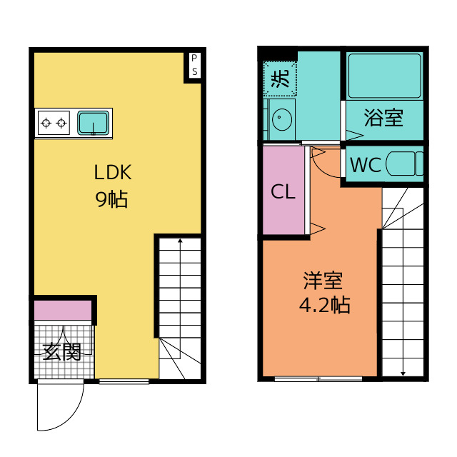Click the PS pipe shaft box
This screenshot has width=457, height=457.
pyautogui.click(x=194, y=65)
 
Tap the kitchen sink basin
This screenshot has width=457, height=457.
pyautogui.click(x=94, y=123)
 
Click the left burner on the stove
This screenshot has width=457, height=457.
pyautogui.click(x=46, y=123)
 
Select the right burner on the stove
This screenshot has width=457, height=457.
pyautogui.click(x=61, y=123)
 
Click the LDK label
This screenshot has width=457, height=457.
pyautogui.click(x=113, y=172)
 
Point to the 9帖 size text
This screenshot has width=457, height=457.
pyautogui.click(x=111, y=199)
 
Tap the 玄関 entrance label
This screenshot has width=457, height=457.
pyautogui.click(x=62, y=352)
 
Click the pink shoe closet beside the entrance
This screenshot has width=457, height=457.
pyautogui.click(x=63, y=310)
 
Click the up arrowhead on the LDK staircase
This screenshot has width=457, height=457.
pyautogui.click(x=180, y=241)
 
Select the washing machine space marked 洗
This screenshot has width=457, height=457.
pyautogui.click(x=280, y=79)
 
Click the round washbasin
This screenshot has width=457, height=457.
pyautogui.click(x=281, y=119)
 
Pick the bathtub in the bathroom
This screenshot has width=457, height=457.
pyautogui.click(x=385, y=76)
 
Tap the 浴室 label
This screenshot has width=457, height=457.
pyautogui.click(x=383, y=117)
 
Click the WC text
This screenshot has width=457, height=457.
pyautogui.click(x=366, y=165)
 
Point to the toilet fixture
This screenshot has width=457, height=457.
pyautogui.click(x=405, y=164)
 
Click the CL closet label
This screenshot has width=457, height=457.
pyautogui.click(x=283, y=191)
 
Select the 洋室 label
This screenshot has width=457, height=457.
pyautogui.click(x=323, y=281)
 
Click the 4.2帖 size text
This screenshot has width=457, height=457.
pyautogui.click(x=325, y=305)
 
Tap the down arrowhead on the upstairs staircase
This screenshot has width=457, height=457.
pyautogui.click(x=403, y=373)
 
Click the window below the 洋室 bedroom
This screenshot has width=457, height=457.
pyautogui.click(x=318, y=379)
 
